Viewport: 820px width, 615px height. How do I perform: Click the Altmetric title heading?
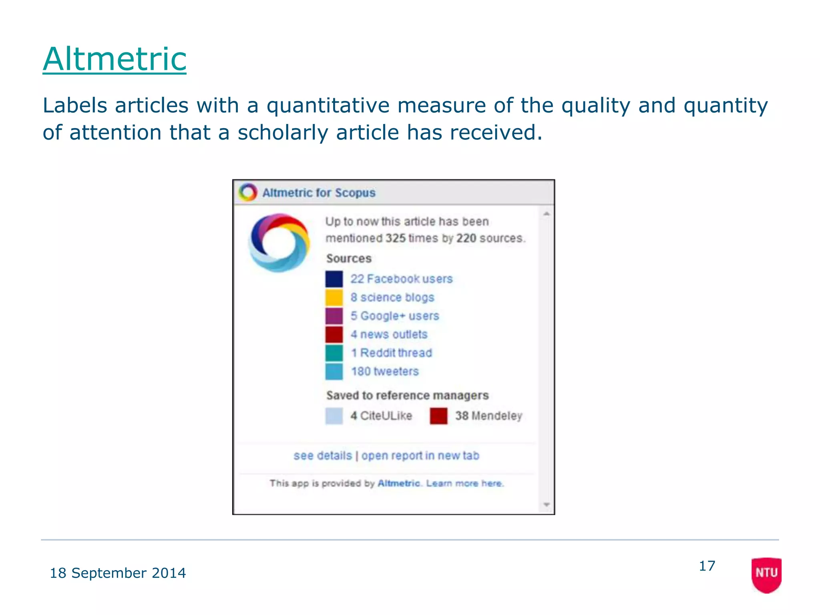point(115,59)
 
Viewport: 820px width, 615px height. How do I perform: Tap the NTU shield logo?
point(766,575)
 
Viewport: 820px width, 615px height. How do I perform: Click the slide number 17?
point(707,566)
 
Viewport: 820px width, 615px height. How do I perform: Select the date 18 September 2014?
point(118,573)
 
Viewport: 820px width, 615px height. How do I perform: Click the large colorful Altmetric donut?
point(279,243)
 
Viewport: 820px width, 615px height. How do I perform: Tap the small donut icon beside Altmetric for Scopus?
point(248,193)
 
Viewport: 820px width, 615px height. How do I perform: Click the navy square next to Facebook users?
point(334,279)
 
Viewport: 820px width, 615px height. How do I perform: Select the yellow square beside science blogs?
point(334,297)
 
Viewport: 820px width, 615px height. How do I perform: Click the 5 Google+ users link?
point(395,316)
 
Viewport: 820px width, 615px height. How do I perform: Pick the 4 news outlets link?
point(389,334)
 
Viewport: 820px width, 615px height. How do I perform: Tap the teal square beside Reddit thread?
point(334,353)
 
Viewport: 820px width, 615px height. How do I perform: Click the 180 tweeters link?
point(385,372)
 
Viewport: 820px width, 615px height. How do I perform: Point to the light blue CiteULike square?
point(334,416)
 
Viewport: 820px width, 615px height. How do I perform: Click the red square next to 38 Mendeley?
point(438,416)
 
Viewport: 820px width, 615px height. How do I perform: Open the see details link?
point(323,456)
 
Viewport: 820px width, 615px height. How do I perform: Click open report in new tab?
point(420,456)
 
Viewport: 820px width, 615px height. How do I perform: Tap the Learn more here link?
point(464,483)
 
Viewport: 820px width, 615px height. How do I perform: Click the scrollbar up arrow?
point(547,214)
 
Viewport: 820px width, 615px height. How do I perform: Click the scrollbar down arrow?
point(547,504)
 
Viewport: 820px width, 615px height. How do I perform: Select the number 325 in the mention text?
point(396,238)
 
